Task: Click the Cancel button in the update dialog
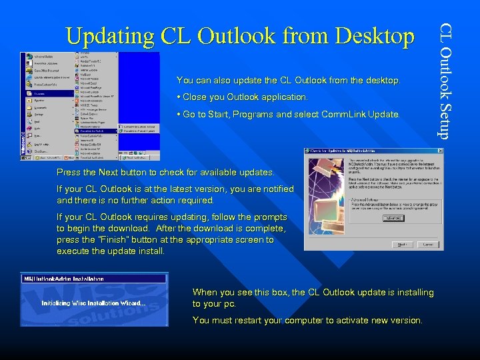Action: click(428, 245)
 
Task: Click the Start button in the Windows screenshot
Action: click(31, 157)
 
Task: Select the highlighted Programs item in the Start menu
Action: click(40, 94)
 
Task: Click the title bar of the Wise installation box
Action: click(93, 278)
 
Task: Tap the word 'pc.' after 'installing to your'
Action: click(228, 304)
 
